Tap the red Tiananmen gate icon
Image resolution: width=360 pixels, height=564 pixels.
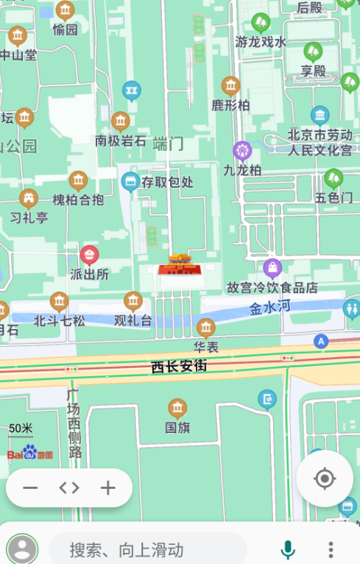click(180, 264)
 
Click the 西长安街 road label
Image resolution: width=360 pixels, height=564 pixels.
click(179, 366)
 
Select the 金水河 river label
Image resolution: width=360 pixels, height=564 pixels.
click(270, 309)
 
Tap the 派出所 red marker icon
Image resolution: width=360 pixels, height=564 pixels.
click(90, 255)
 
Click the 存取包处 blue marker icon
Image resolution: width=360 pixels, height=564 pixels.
click(131, 180)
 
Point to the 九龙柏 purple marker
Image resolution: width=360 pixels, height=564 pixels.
click(242, 152)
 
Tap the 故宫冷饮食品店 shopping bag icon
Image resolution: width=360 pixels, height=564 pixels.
click(273, 267)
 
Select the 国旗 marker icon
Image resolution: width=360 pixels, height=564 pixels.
click(177, 408)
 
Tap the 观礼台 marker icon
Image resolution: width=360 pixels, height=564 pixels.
click(133, 300)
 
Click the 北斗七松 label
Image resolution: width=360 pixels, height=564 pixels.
click(59, 320)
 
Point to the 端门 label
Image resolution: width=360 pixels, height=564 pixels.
click(169, 143)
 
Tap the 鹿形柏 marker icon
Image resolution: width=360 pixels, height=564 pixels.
click(231, 86)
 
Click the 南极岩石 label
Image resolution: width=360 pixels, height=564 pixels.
click(121, 141)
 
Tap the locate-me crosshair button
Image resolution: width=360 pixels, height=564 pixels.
click(325, 479)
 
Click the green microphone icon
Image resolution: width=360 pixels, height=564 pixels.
click(288, 549)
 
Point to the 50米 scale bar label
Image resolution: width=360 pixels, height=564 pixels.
click(21, 429)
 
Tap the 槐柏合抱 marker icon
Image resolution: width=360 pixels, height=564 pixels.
click(78, 180)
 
